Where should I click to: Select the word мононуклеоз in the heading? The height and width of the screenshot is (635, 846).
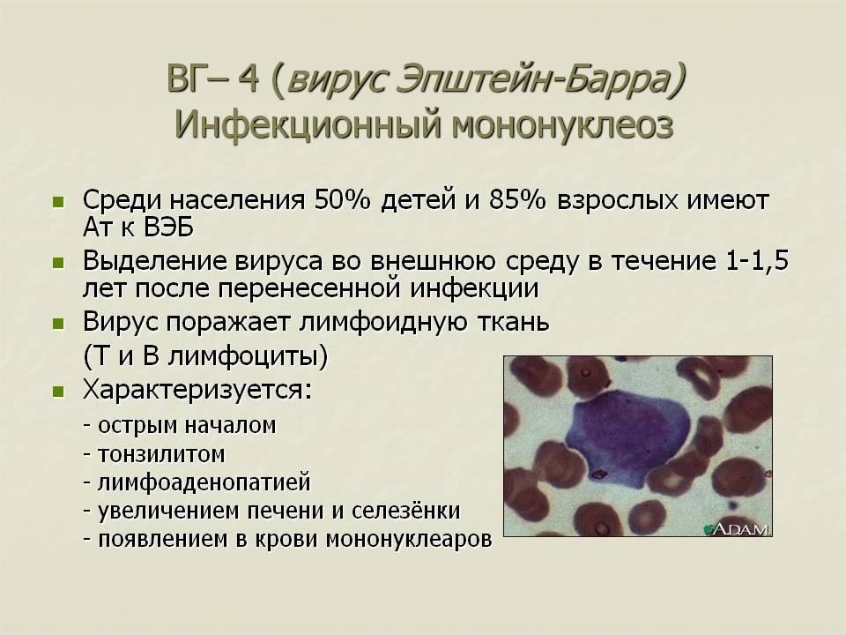562,126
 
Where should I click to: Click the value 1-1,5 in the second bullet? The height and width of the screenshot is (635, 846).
757,261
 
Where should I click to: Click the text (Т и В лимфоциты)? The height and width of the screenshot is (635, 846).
205,357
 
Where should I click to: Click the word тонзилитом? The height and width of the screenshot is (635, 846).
160,454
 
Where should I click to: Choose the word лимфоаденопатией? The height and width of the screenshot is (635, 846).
204,482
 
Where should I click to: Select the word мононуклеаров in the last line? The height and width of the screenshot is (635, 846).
409,540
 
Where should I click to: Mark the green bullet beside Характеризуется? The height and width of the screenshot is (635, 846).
58,392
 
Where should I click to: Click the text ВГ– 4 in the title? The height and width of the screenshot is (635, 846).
213,78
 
